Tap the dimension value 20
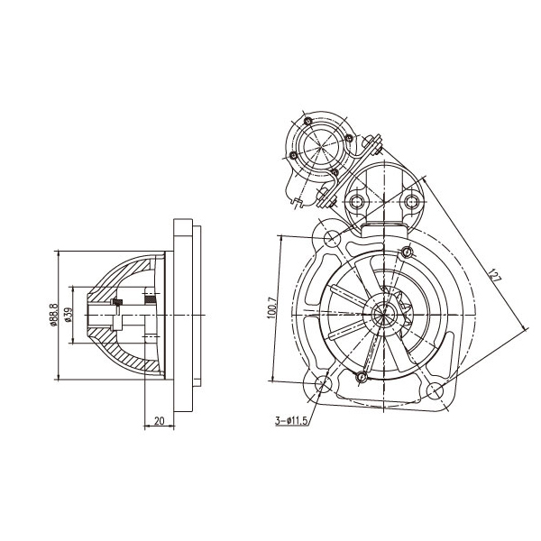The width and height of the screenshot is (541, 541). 158,420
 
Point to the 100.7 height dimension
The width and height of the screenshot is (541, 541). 272,307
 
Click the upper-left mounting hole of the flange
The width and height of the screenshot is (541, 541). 332,237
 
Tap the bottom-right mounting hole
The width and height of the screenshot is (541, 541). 436,390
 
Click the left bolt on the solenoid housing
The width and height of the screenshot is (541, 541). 357,199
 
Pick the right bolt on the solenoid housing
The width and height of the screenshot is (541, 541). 414,199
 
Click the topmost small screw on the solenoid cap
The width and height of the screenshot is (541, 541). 307,121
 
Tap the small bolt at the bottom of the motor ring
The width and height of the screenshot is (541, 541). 362,375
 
